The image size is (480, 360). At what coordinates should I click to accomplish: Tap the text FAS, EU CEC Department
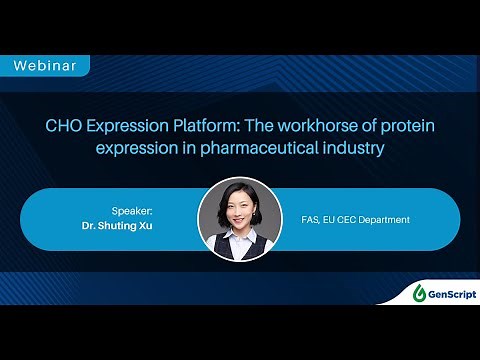coord(356,219)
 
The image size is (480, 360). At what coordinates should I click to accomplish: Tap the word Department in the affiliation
coord(386,219)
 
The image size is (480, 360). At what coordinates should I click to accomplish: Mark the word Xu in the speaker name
coord(158,227)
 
